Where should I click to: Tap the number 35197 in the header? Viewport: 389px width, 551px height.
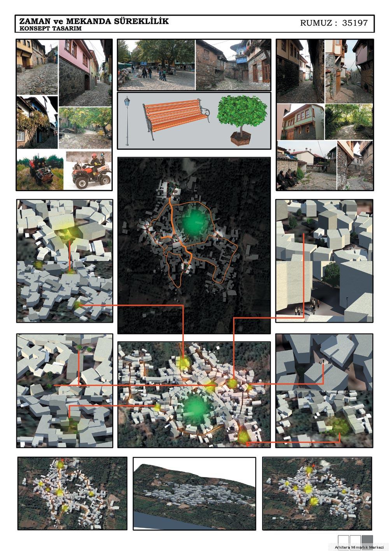pos(355,23)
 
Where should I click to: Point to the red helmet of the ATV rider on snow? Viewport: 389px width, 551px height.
pos(94,156)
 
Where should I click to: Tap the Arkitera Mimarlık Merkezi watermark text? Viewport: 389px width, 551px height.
pos(359,547)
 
